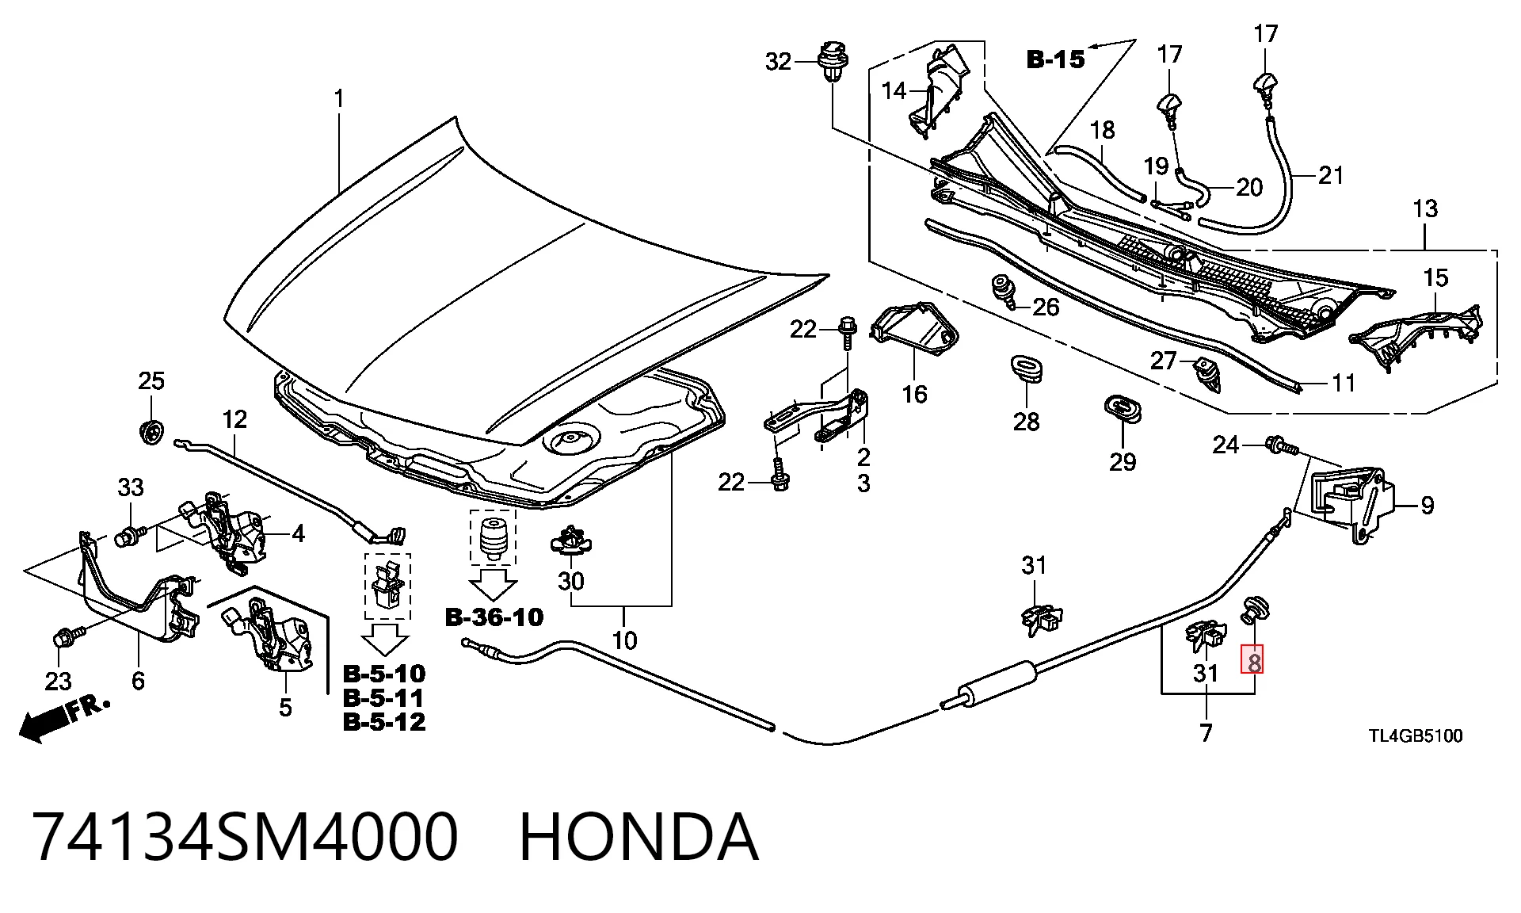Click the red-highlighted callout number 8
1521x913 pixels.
click(x=1252, y=659)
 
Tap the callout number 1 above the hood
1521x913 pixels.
click(x=339, y=99)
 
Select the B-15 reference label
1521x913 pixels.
click(x=1055, y=59)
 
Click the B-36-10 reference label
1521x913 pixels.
click(x=494, y=617)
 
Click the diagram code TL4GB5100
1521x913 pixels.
click(x=1416, y=736)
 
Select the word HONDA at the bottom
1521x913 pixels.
click(x=639, y=837)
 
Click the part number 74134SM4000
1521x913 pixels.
click(x=246, y=837)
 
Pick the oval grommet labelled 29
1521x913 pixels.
click(x=1123, y=407)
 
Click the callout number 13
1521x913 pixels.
click(x=1424, y=208)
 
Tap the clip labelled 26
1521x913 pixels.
click(x=1005, y=291)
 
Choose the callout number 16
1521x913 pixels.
click(x=914, y=394)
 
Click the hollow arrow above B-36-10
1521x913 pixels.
click(x=493, y=586)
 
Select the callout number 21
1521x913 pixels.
click(x=1331, y=174)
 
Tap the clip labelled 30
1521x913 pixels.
click(x=570, y=541)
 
